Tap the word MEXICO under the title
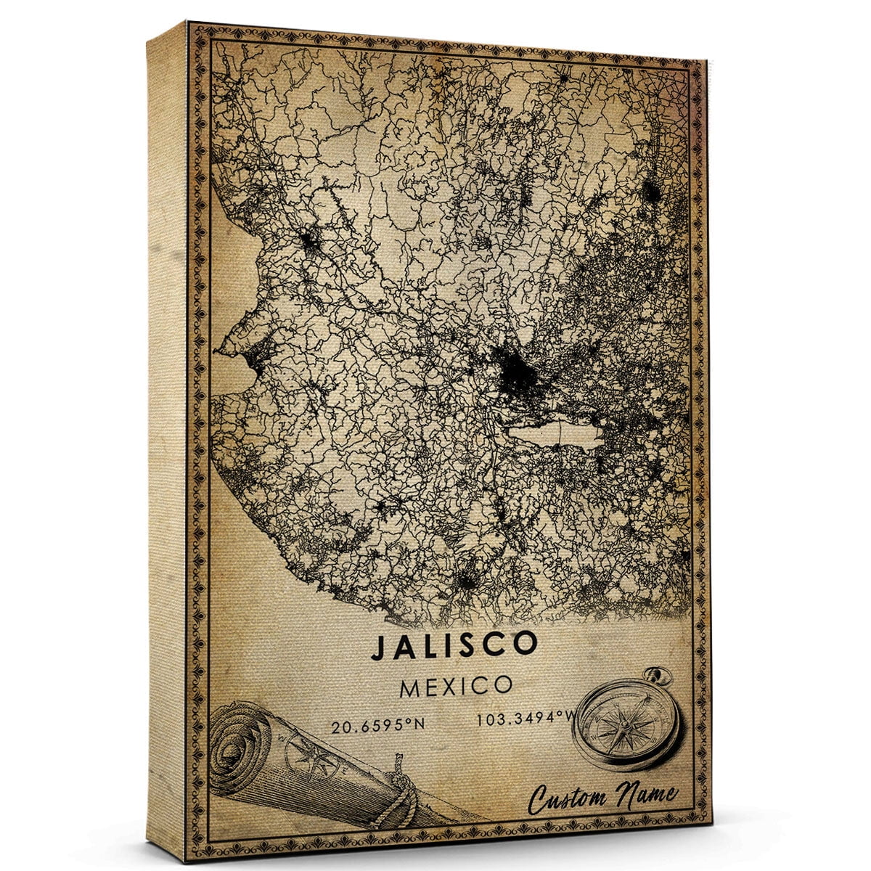(456, 686)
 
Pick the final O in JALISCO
(526, 643)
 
